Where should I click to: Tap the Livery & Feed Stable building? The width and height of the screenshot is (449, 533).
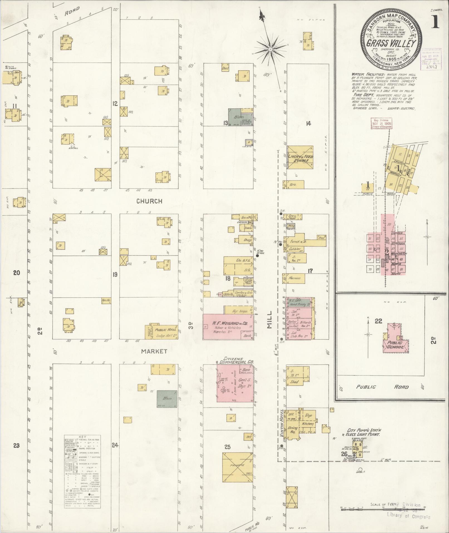click(x=300, y=158)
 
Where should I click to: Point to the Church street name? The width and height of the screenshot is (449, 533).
click(x=149, y=201)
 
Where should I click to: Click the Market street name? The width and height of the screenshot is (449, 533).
click(x=154, y=351)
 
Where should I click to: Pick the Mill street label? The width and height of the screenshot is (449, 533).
click(x=269, y=320)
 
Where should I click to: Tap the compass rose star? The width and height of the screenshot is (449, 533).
click(x=270, y=49)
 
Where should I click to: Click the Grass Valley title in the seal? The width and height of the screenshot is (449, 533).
click(x=391, y=43)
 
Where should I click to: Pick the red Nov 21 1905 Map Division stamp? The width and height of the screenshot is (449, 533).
click(x=381, y=123)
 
